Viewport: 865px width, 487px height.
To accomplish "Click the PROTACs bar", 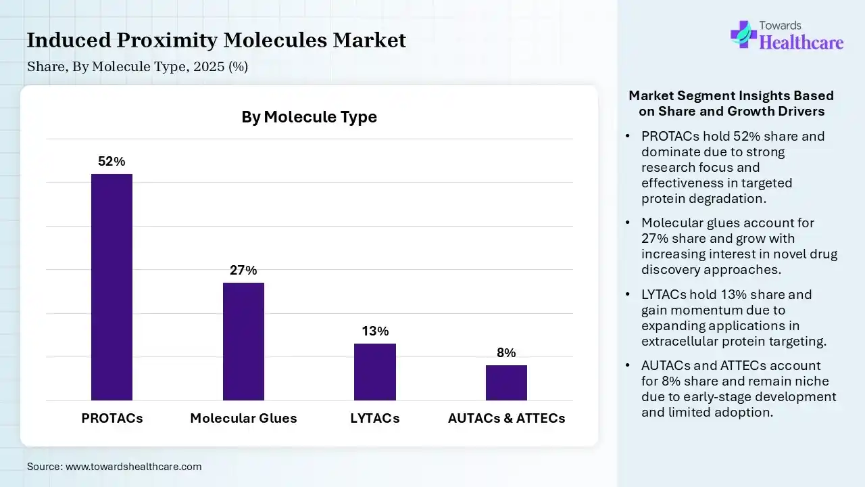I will pyautogui.click(x=112, y=287).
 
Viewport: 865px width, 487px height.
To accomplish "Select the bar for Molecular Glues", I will pyautogui.click(x=243, y=341).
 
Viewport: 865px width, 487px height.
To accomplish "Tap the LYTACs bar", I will pyautogui.click(x=375, y=371).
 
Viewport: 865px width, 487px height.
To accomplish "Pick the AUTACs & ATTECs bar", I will pyautogui.click(x=506, y=382).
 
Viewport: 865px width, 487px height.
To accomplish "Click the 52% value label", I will pyautogui.click(x=112, y=162).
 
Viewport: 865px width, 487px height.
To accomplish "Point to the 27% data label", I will pyautogui.click(x=243, y=271).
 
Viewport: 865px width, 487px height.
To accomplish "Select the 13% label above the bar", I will pyautogui.click(x=375, y=331).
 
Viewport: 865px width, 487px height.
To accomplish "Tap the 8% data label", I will pyautogui.click(x=506, y=353).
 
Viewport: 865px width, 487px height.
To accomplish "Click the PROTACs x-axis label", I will pyautogui.click(x=112, y=418).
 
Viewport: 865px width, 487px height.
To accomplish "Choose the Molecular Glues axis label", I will pyautogui.click(x=243, y=418).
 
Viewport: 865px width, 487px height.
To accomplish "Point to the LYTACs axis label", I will pyautogui.click(x=375, y=418).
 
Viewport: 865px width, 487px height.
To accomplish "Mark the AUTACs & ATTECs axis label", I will pyautogui.click(x=506, y=418).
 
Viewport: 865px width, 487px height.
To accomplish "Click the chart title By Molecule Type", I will pyautogui.click(x=309, y=117).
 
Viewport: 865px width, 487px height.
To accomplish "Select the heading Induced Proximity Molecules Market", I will pyautogui.click(x=216, y=41).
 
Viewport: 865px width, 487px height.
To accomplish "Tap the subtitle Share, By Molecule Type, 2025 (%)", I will pyautogui.click(x=138, y=66).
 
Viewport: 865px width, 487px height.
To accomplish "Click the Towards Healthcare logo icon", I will pyautogui.click(x=743, y=34).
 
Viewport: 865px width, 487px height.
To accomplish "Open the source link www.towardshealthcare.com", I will pyautogui.click(x=134, y=467).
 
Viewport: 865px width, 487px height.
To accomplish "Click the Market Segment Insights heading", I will pyautogui.click(x=731, y=103).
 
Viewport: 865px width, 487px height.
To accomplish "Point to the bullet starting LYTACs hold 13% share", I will pyautogui.click(x=733, y=318).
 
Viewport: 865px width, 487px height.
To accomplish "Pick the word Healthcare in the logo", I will pyautogui.click(x=801, y=43).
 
